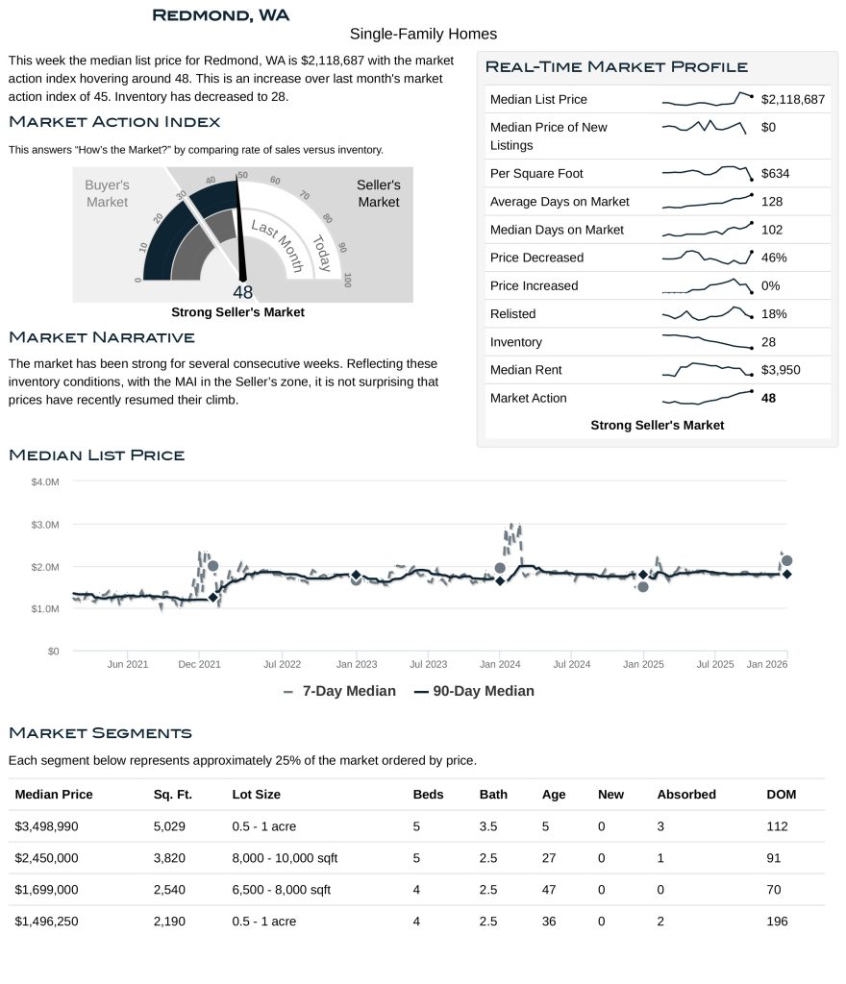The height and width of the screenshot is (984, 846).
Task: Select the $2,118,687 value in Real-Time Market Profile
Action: [x=793, y=99]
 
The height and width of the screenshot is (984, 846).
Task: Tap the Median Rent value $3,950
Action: [x=781, y=370]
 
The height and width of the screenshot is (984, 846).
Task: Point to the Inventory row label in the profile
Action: [x=515, y=342]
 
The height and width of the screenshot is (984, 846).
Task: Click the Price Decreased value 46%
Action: [x=773, y=258]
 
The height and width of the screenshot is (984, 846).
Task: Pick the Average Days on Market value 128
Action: [x=771, y=202]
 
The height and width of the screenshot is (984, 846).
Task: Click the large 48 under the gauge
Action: [x=242, y=293]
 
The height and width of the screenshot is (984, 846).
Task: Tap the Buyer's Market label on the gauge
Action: [x=107, y=193]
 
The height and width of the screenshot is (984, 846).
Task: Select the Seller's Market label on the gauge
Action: [x=378, y=193]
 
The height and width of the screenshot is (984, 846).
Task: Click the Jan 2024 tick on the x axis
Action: [x=500, y=664]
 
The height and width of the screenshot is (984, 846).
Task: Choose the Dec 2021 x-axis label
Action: [x=201, y=664]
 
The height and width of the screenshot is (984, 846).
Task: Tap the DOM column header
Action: [x=781, y=795]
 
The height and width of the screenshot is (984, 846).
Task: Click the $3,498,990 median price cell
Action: [x=54, y=826]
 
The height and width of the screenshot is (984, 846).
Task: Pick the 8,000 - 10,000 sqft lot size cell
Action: [x=285, y=858]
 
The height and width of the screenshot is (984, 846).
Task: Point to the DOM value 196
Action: [x=777, y=922]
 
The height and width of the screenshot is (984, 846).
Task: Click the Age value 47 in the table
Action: [x=549, y=890]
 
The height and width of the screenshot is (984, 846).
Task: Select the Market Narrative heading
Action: [x=101, y=337]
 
